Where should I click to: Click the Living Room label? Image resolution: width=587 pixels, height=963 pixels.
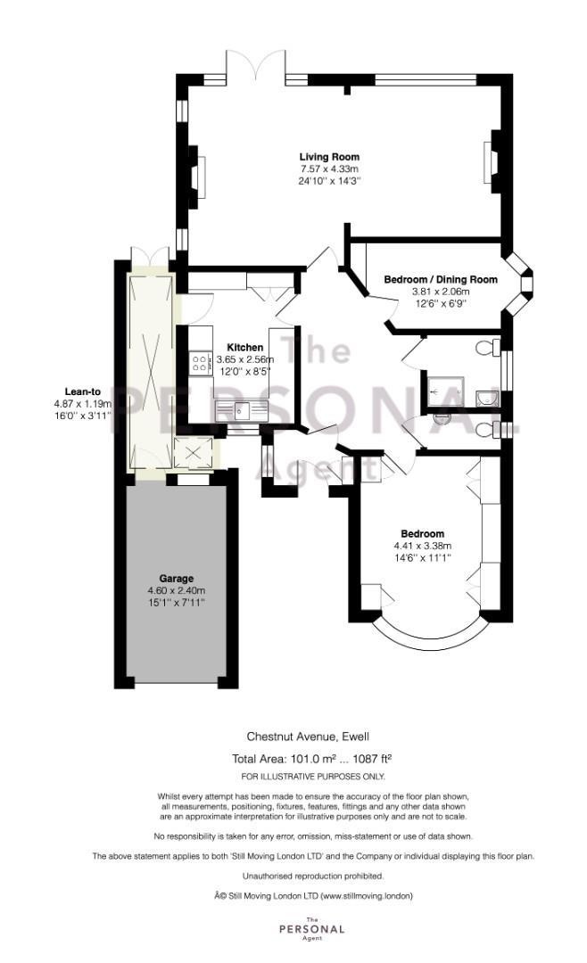329,157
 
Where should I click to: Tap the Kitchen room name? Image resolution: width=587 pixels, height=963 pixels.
245,348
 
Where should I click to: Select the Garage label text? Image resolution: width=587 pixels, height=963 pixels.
177,578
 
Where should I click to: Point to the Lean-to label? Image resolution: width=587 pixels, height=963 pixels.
83,391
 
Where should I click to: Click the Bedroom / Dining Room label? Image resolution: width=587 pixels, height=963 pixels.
441,279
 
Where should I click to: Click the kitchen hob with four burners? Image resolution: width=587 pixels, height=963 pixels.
199,362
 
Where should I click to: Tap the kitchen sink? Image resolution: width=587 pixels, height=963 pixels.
244,408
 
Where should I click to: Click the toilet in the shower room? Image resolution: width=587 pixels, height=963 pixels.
488,348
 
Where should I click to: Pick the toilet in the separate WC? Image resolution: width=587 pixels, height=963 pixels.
488,429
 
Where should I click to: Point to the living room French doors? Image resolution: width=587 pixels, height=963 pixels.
256,64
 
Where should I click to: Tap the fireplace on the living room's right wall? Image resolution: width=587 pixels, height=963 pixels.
492,160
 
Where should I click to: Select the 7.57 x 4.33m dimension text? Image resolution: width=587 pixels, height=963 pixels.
329,169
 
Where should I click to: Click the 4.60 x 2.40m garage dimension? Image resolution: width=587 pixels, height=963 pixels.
177,590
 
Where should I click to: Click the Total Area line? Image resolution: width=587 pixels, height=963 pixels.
311,758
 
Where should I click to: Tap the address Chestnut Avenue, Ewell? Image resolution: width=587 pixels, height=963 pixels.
308,736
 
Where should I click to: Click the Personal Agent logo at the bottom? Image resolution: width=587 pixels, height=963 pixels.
311,928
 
